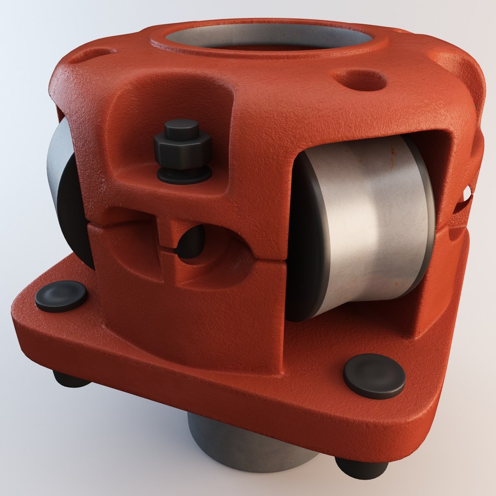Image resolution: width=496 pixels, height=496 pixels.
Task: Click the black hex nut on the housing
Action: [x=183, y=151]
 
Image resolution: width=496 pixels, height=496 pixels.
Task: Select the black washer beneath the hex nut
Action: [x=184, y=175]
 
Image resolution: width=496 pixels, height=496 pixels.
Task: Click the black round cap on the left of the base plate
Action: [x=61, y=296]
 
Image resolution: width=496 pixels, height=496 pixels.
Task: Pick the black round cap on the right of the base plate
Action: [x=374, y=375]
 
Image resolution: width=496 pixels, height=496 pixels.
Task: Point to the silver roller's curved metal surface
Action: [x=372, y=220]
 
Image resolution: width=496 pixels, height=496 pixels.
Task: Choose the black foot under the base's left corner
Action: [x=69, y=379]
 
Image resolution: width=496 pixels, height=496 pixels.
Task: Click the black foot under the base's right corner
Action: [x=361, y=467]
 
